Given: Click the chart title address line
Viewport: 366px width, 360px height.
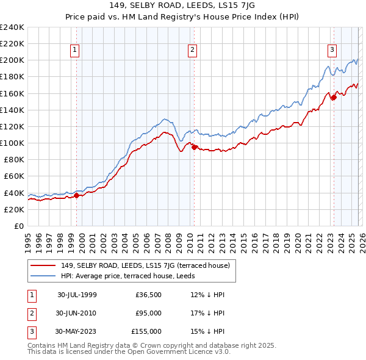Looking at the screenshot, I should click(x=182, y=6).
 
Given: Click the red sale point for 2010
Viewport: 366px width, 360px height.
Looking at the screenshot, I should click(x=194, y=147).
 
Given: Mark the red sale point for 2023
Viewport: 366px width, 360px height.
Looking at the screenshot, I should click(x=334, y=97).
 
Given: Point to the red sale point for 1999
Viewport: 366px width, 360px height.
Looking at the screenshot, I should click(x=77, y=195).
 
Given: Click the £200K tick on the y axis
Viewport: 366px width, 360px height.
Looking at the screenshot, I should click(x=12, y=60).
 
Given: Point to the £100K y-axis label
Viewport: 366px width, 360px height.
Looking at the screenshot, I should click(x=12, y=143).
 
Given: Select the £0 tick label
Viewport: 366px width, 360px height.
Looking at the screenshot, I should click(x=18, y=226).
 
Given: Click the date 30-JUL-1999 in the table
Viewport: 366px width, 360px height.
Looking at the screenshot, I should click(x=77, y=294).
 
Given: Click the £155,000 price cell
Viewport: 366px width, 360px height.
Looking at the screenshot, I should click(x=146, y=331).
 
